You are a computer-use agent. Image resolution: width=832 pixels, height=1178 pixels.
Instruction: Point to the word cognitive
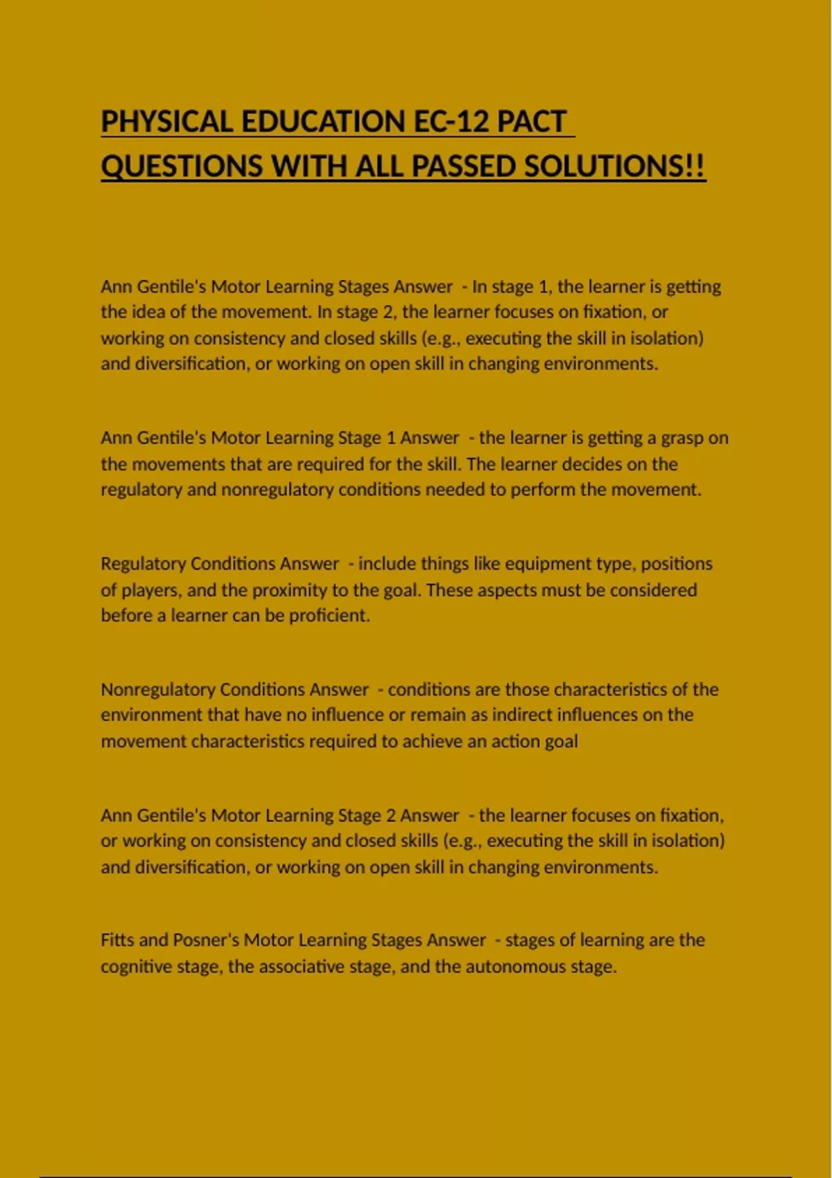click(136, 966)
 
